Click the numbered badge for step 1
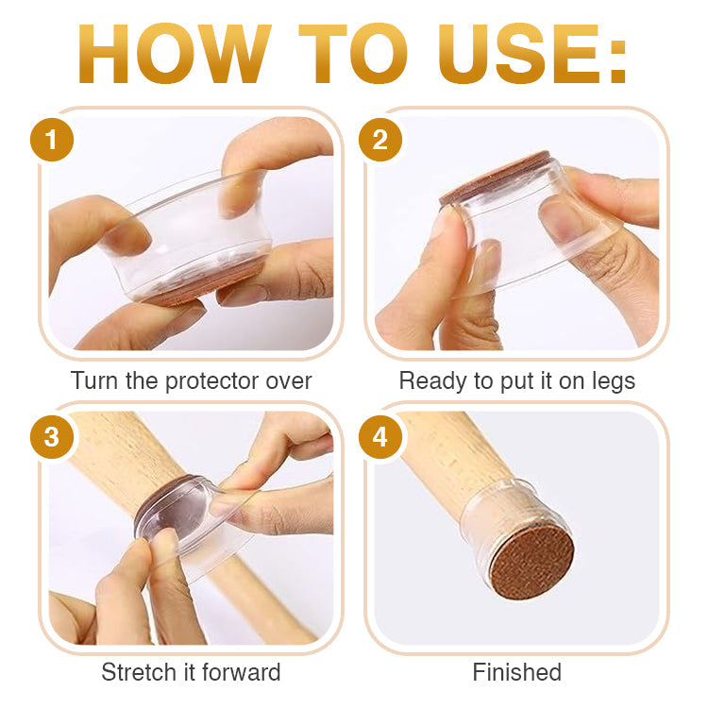[52, 140]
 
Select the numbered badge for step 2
[380, 140]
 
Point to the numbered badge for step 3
[52, 437]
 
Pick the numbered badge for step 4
[380, 437]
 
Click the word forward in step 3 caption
[242, 672]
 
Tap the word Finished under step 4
[517, 672]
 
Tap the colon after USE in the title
[617, 62]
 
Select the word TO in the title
[353, 54]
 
